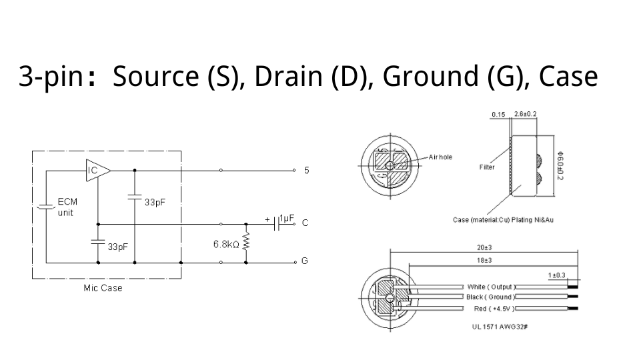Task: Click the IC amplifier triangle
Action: pos(96,171)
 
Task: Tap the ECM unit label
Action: pos(67,207)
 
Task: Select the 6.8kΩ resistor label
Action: pos(226,244)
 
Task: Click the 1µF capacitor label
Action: pos(287,219)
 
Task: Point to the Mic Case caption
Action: pos(103,288)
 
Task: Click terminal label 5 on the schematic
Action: pos(306,171)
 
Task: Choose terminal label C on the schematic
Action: pos(305,223)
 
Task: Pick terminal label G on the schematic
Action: pos(305,261)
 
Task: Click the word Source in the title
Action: pos(156,77)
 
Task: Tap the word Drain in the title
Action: pos(287,77)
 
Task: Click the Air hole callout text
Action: pos(440,157)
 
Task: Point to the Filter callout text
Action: pos(487,167)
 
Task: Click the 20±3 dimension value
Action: pos(484,247)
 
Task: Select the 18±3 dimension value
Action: pos(484,259)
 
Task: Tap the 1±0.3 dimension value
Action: pos(556,275)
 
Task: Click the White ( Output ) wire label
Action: pos(490,287)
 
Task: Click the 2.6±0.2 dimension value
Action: pos(526,114)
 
